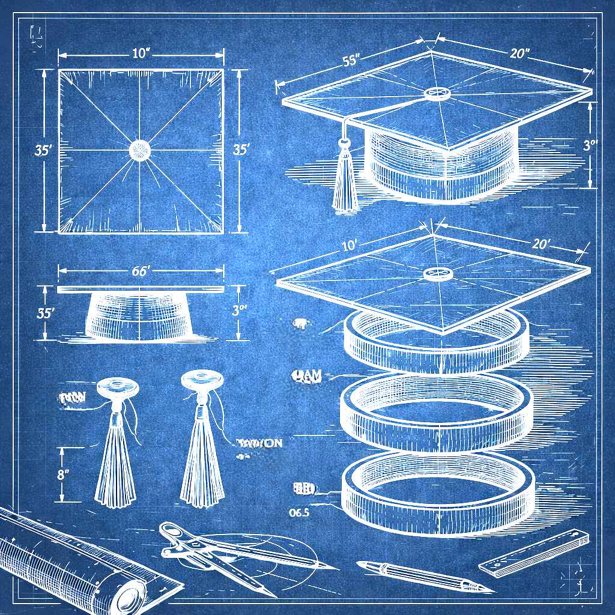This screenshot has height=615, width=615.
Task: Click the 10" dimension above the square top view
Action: [140, 53]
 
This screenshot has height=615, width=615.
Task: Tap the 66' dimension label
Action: [140, 271]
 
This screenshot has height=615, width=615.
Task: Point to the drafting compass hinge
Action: [172, 531]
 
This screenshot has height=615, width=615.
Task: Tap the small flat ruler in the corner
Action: [533, 553]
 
